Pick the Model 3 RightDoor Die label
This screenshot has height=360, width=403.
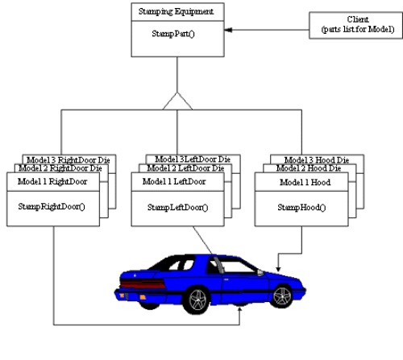coord(69,159)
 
